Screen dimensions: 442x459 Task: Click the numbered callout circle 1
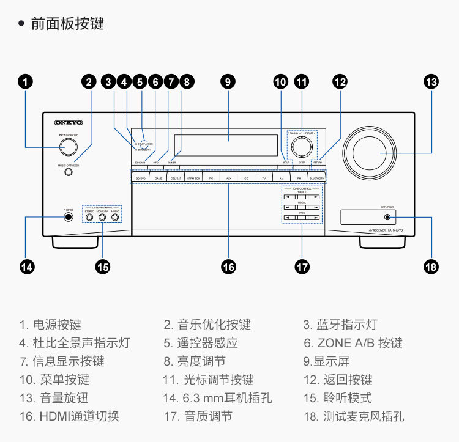coord(26,81)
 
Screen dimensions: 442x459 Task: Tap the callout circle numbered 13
coord(431,81)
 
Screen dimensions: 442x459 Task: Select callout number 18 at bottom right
coord(431,267)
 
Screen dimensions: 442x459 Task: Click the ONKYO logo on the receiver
coord(69,123)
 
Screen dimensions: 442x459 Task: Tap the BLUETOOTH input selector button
coord(316,177)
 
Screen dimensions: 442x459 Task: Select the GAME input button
coord(158,177)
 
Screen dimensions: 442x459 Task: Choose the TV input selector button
coord(264,177)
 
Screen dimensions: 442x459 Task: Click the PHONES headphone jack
coord(69,217)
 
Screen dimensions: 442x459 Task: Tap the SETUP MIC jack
coord(387,217)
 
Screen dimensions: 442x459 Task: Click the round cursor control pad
coord(301,146)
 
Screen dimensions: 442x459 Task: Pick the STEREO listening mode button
coord(89,217)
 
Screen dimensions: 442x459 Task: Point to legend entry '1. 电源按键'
coord(50,325)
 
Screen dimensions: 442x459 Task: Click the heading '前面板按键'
coord(67,24)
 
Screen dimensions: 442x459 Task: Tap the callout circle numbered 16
coord(228,267)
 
